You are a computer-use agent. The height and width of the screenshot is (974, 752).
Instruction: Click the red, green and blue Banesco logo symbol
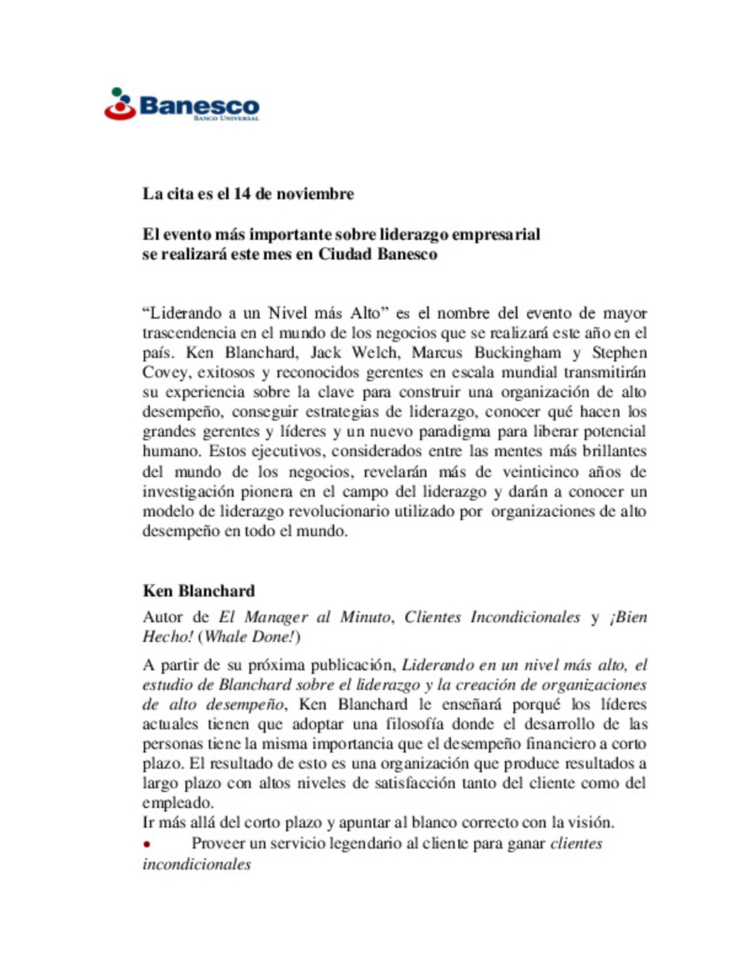[x=119, y=105]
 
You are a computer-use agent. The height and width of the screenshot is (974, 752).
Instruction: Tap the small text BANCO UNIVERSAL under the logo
[x=226, y=118]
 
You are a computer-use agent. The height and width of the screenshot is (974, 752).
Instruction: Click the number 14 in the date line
[x=242, y=194]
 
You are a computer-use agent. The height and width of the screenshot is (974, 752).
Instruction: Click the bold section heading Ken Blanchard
[x=198, y=591]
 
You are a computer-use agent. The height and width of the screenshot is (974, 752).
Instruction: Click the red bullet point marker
[x=147, y=844]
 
